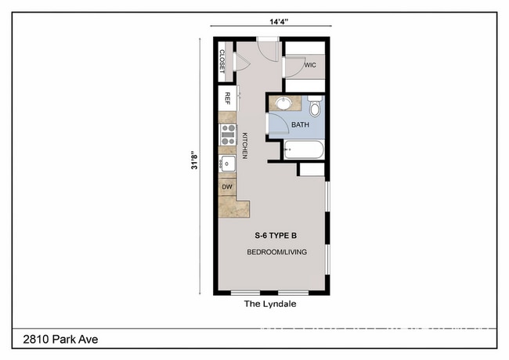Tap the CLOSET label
(222, 62)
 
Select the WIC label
(309, 66)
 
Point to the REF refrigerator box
(227, 99)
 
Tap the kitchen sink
(227, 164)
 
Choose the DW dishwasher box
(227, 187)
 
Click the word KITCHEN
(244, 146)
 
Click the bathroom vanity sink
(283, 103)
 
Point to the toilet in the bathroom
(315, 105)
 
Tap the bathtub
(303, 149)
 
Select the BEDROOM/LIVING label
(276, 252)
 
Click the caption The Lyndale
(270, 304)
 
